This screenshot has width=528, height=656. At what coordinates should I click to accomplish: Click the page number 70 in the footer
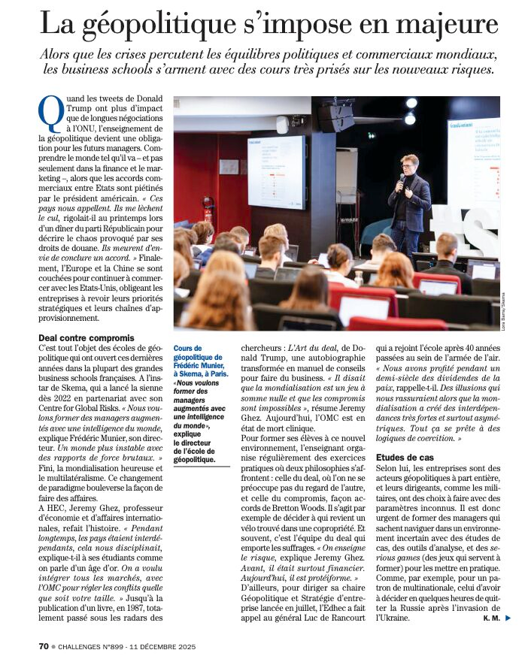pyautogui.click(x=44, y=645)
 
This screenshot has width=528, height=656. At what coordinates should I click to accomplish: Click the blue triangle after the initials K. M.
pyautogui.click(x=508, y=618)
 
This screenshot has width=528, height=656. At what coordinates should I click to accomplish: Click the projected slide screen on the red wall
pyautogui.click(x=277, y=171)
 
